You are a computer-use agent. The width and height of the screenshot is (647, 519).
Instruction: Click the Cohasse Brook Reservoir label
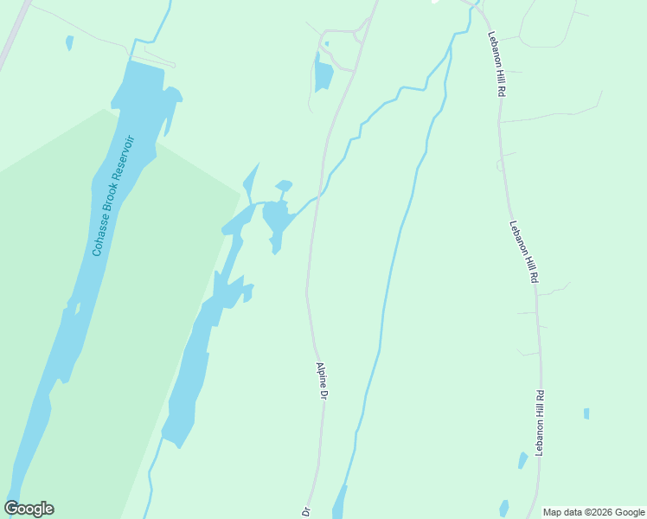coord(115,195)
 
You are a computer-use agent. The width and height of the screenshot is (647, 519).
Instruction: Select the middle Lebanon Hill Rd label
coord(523,252)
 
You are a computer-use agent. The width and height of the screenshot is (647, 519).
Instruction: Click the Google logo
coord(29,509)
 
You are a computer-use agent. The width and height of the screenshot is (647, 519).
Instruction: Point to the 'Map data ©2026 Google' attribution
coord(594,512)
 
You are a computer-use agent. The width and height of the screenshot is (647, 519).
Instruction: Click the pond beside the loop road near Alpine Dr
coord(323,74)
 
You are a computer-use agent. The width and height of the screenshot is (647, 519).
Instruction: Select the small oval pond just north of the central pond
coord(284,184)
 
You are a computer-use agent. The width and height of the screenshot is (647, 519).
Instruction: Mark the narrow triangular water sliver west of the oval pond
coord(250,182)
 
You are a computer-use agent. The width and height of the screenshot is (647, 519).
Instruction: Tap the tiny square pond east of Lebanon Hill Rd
coord(586,413)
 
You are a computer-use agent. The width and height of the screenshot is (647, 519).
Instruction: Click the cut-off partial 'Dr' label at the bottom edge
coord(306,512)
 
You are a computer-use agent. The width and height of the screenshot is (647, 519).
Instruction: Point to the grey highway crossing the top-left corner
coord(14,35)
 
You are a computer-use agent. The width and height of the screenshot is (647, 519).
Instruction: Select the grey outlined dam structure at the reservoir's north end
coord(161,58)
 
